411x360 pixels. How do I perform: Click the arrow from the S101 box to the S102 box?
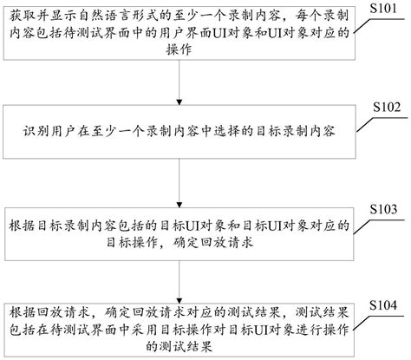tap(180, 82)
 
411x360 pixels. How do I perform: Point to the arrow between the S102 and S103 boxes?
tap(180, 179)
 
